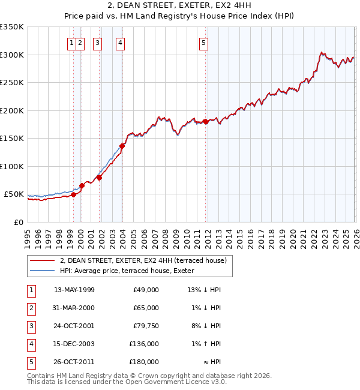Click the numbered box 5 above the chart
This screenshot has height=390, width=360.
[x=204, y=43]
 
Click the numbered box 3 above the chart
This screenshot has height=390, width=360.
[x=97, y=43]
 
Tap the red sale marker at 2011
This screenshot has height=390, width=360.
[x=205, y=121]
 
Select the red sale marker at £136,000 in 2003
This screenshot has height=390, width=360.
[x=122, y=146]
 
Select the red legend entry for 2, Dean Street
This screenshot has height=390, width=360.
[x=142, y=260]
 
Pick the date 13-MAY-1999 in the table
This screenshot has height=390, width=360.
[x=74, y=290]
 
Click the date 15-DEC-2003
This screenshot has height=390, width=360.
[x=74, y=344]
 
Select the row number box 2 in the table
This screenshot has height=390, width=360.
[x=31, y=308]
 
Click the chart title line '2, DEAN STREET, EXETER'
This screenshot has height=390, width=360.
[x=180, y=7]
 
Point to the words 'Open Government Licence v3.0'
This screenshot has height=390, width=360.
[x=174, y=381]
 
